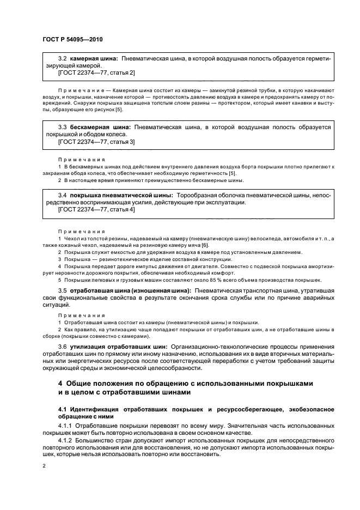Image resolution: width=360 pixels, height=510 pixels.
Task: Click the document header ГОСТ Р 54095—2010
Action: (x=72, y=40)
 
